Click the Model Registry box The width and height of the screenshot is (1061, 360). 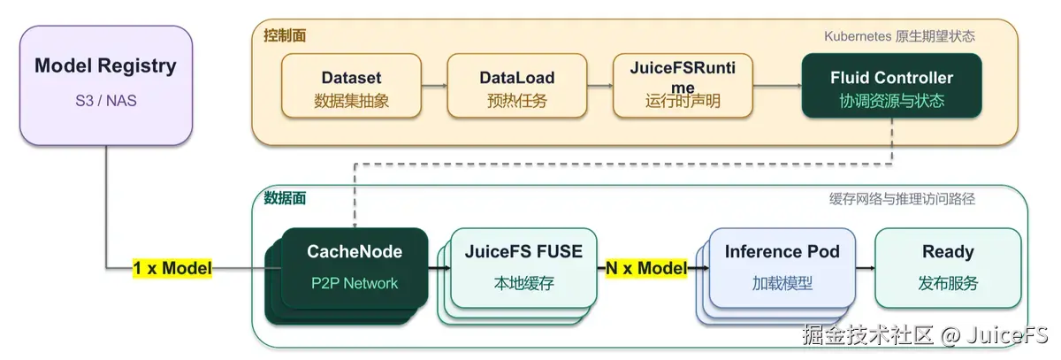pyautogui.click(x=106, y=85)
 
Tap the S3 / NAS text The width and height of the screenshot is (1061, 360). pyautogui.click(x=106, y=101)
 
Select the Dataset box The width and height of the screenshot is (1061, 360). pyautogui.click(x=352, y=86)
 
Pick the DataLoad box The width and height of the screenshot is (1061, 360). pyautogui.click(x=517, y=86)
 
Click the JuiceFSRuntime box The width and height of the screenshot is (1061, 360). pyautogui.click(x=683, y=86)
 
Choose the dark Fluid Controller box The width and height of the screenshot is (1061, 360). pyautogui.click(x=892, y=86)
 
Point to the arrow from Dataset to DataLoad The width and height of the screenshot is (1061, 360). pyautogui.click(x=434, y=86)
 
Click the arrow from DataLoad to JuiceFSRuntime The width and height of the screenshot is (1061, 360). pyautogui.click(x=600, y=86)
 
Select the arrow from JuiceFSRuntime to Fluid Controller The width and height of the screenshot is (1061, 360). pyautogui.click(x=777, y=86)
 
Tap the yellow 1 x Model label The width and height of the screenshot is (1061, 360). pyautogui.click(x=172, y=268)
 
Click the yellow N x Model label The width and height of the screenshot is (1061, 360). pyautogui.click(x=646, y=268)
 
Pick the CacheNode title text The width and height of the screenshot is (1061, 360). pyautogui.click(x=355, y=251)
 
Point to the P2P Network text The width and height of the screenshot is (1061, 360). pyautogui.click(x=355, y=283)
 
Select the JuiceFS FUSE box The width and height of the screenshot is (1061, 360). pyautogui.click(x=523, y=268)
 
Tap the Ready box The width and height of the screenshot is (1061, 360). pyautogui.click(x=948, y=268)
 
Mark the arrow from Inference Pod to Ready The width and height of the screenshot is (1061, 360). pyautogui.click(x=866, y=268)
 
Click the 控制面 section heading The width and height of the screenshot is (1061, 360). pyautogui.click(x=285, y=35)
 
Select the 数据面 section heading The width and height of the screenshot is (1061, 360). pyautogui.click(x=285, y=198)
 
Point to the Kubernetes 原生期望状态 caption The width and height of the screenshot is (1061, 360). pyautogui.click(x=899, y=36)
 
